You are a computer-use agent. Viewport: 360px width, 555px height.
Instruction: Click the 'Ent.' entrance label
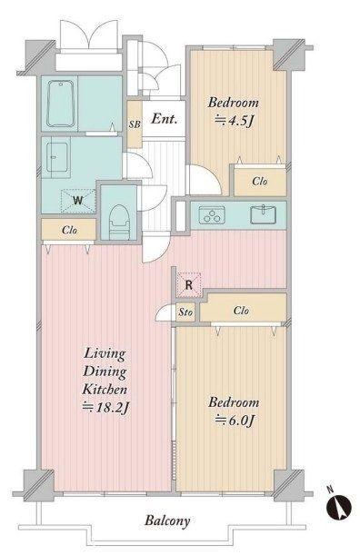pyautogui.click(x=164, y=119)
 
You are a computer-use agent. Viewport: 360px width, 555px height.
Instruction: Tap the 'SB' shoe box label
pyautogui.click(x=135, y=124)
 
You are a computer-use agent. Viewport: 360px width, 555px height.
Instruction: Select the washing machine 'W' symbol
pyautogui.click(x=78, y=201)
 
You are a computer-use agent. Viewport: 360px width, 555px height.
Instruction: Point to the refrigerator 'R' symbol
pyautogui.click(x=189, y=284)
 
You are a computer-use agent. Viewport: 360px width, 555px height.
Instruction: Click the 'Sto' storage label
pyautogui.click(x=185, y=312)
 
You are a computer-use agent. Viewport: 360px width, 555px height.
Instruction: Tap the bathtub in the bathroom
pyautogui.click(x=61, y=104)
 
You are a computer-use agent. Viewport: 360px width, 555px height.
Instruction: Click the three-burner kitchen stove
pyautogui.click(x=212, y=215)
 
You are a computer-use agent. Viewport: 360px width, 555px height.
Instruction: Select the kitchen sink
pyautogui.click(x=264, y=214)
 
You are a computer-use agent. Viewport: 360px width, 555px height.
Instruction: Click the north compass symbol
pyautogui.click(x=339, y=504)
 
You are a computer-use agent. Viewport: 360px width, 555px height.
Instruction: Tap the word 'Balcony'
pyautogui.click(x=167, y=520)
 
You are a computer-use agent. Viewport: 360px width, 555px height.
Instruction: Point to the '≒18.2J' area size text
pyautogui.click(x=105, y=408)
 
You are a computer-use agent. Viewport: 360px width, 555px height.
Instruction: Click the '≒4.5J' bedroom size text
pyautogui.click(x=234, y=121)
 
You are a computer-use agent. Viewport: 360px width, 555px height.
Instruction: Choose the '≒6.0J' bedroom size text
pyautogui.click(x=235, y=421)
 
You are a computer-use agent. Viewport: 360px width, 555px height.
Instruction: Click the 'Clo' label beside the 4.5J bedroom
pyautogui.click(x=260, y=182)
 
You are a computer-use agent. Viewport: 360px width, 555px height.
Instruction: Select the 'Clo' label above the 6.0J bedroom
pyautogui.click(x=241, y=311)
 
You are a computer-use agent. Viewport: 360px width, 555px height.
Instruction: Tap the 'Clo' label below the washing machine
pyautogui.click(x=69, y=230)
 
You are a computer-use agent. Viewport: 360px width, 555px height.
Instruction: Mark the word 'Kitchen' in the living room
pyautogui.click(x=105, y=389)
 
